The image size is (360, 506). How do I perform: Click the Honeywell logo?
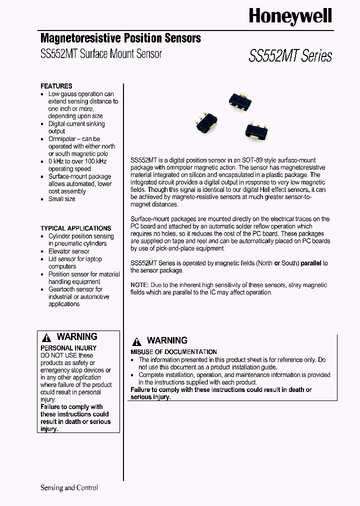click(290, 17)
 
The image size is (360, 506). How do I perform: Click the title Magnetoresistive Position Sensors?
click(120, 38)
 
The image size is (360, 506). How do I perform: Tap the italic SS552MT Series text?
click(290, 55)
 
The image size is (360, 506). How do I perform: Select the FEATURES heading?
click(56, 86)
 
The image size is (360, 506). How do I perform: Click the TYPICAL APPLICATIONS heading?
click(75, 228)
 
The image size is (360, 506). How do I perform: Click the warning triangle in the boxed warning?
click(46, 337)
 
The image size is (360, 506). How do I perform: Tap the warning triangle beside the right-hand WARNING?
click(136, 341)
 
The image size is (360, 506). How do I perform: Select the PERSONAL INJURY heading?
click(68, 347)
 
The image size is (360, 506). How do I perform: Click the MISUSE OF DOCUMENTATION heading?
click(173, 352)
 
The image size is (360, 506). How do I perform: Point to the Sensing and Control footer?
click(69, 487)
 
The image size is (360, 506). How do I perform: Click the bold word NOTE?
click(139, 285)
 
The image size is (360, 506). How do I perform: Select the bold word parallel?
click(311, 263)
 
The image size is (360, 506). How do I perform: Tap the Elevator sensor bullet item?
click(68, 251)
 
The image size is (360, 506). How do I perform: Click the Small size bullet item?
click(61, 199)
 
